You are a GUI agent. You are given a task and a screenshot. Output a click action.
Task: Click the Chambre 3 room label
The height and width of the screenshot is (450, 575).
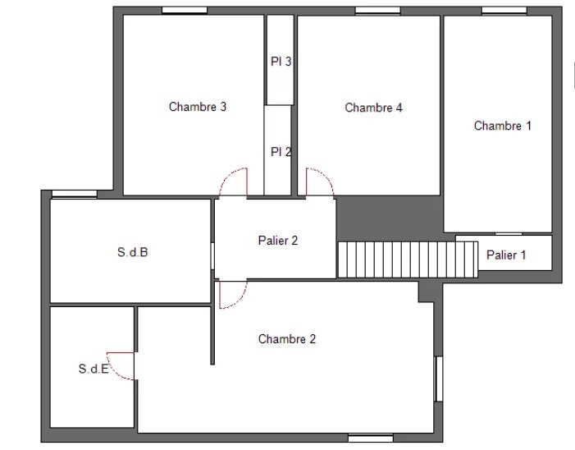198,107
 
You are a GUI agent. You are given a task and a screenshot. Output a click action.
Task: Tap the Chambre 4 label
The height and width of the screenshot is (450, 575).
373,108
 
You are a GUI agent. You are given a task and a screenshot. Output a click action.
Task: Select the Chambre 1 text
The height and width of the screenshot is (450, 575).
502,126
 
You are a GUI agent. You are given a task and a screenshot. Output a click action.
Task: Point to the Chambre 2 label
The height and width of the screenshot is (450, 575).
287,339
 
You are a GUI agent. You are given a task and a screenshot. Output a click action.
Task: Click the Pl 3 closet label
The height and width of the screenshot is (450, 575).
281,62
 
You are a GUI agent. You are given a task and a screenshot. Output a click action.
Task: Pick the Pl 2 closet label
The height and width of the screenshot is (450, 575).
281,152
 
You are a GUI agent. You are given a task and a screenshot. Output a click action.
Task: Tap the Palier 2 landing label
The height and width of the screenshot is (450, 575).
277,241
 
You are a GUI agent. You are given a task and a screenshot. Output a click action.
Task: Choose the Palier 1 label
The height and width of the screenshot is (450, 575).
506,255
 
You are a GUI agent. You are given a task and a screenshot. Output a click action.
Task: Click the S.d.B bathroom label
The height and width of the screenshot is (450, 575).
132,252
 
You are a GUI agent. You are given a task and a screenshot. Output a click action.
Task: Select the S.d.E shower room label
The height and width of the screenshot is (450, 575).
94,369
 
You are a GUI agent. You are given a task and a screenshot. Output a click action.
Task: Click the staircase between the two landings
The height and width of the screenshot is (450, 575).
408,259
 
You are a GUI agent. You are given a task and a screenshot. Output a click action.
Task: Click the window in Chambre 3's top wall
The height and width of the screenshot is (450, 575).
185,11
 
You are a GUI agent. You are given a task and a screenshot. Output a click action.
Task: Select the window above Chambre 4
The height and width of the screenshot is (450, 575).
377,11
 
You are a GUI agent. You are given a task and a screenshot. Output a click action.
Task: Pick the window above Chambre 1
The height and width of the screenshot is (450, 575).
504,11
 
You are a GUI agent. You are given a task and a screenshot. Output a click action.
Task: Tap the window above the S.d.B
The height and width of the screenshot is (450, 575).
75,194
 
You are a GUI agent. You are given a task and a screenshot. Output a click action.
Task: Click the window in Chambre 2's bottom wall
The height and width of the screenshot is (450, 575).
371,438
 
